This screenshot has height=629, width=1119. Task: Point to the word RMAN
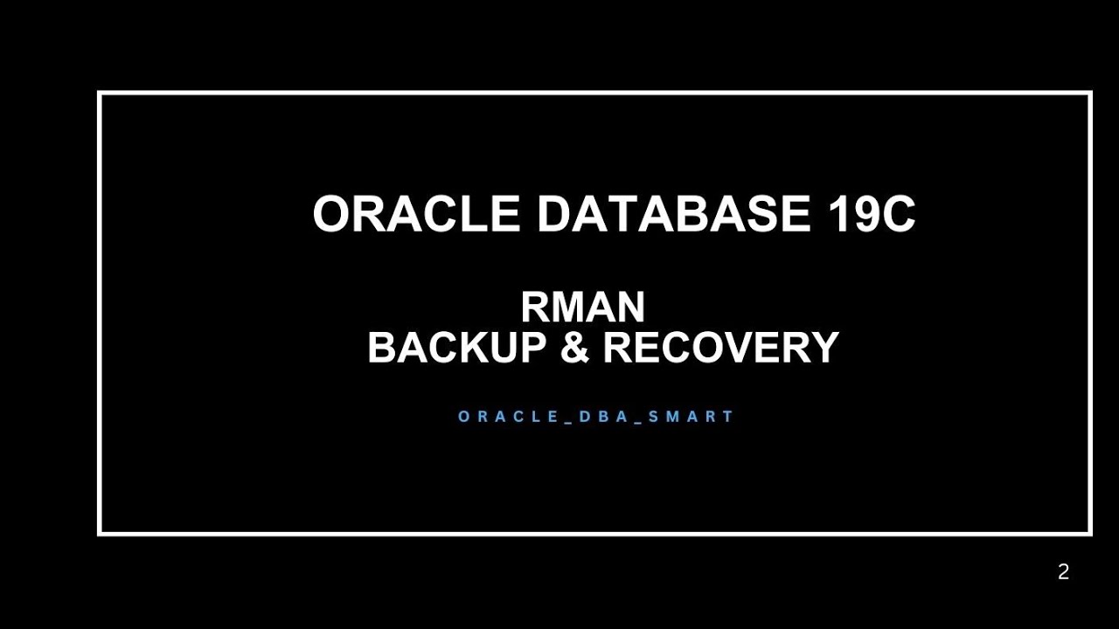point(583,308)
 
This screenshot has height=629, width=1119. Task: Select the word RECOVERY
point(721,348)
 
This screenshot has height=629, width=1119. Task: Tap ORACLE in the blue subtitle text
point(506,417)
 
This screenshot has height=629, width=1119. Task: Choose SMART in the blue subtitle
point(689,417)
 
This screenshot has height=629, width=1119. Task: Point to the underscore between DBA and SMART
point(639,421)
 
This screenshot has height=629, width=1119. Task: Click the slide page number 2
point(1063,573)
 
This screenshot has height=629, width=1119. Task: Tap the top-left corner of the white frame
point(100,93)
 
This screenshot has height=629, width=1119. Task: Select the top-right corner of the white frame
point(1090,93)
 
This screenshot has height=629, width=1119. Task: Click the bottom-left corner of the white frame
point(100,532)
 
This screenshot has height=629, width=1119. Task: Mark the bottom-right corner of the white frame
point(1090,532)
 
